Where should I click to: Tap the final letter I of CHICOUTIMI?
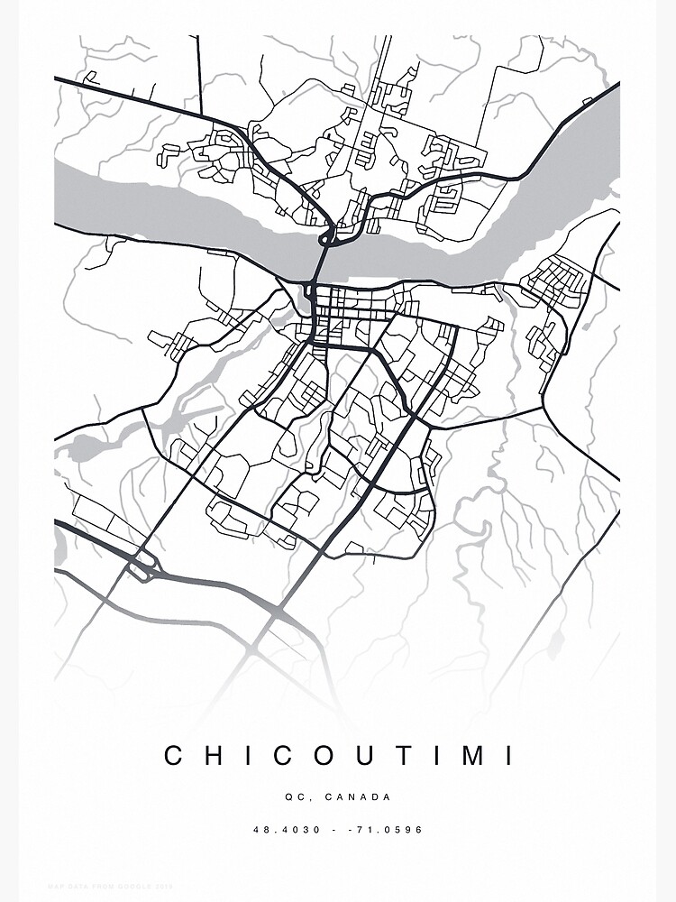tap(511, 755)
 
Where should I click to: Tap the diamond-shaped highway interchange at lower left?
tap(142, 567)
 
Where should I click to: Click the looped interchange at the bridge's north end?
tap(327, 237)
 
